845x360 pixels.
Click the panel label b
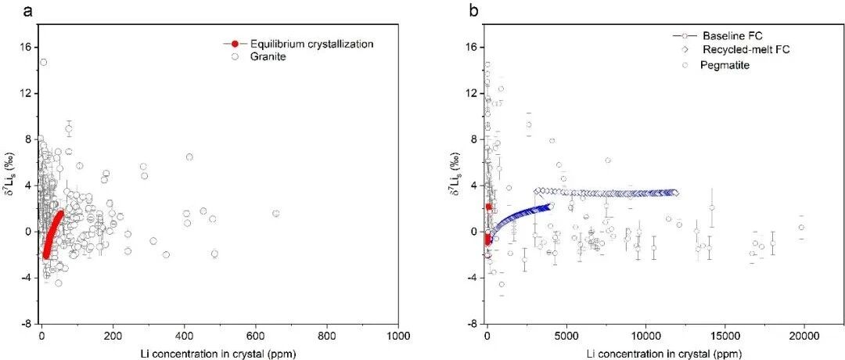click(x=473, y=9)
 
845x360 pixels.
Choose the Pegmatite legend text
click(x=725, y=65)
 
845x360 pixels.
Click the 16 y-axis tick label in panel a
click(x=25, y=48)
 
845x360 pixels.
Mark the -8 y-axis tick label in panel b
click(x=473, y=324)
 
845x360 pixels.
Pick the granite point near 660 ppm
click(x=276, y=214)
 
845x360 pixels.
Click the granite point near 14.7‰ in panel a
click(x=44, y=63)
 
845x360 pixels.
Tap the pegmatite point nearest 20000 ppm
click(x=801, y=228)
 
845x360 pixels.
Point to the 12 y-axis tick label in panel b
click(x=473, y=94)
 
